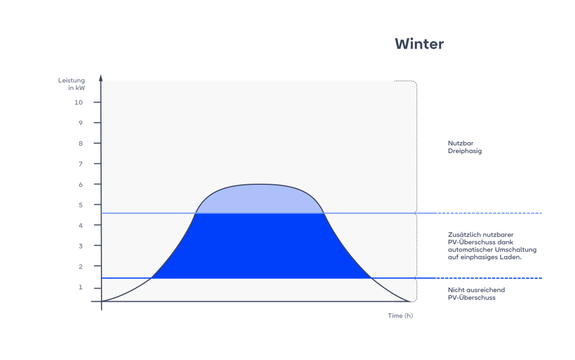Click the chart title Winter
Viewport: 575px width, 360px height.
click(x=419, y=44)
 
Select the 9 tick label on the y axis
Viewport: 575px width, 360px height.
click(x=80, y=123)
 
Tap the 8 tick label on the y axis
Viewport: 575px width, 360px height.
click(x=80, y=143)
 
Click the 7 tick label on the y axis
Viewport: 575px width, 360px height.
click(x=80, y=164)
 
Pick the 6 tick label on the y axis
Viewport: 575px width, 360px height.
click(x=80, y=184)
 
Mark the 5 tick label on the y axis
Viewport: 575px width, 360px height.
click(x=80, y=205)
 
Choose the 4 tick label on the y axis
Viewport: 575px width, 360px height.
click(x=80, y=225)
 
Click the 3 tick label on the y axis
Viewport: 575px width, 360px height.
click(x=80, y=246)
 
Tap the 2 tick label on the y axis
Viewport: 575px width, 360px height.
click(x=80, y=266)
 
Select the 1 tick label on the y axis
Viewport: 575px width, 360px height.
click(x=80, y=287)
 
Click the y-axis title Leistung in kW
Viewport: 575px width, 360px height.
click(x=71, y=83)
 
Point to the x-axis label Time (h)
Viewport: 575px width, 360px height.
click(x=400, y=315)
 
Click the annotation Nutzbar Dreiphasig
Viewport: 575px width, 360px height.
click(x=465, y=147)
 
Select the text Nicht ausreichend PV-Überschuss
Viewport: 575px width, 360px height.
click(x=476, y=294)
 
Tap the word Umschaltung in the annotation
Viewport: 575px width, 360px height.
click(x=516, y=250)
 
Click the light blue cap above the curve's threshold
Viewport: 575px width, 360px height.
click(x=260, y=199)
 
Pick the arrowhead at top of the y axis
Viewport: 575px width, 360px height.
click(x=101, y=77)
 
